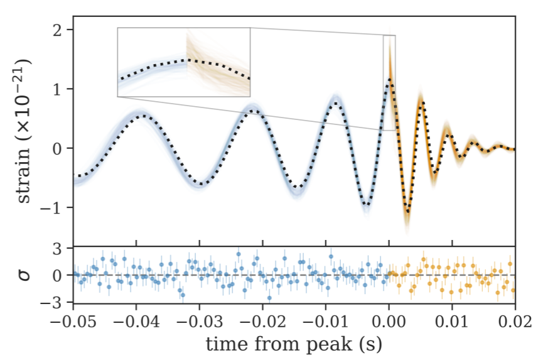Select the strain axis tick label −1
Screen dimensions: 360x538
pyautogui.click(x=56, y=208)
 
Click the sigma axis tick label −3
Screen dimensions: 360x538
pyautogui.click(x=56, y=302)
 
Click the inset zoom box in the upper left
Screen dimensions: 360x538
pyautogui.click(x=184, y=62)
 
